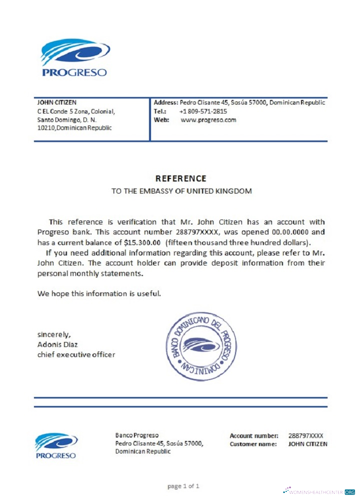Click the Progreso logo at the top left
(74, 57)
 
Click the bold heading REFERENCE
(180, 178)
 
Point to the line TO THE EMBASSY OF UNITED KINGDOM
(181, 191)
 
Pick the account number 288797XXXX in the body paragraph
(197, 232)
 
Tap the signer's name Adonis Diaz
(57, 344)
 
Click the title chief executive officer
(76, 354)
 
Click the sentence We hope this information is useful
(99, 293)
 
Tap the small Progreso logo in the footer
(56, 445)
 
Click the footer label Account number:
(254, 436)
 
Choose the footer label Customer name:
(253, 444)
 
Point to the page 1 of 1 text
(183, 485)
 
